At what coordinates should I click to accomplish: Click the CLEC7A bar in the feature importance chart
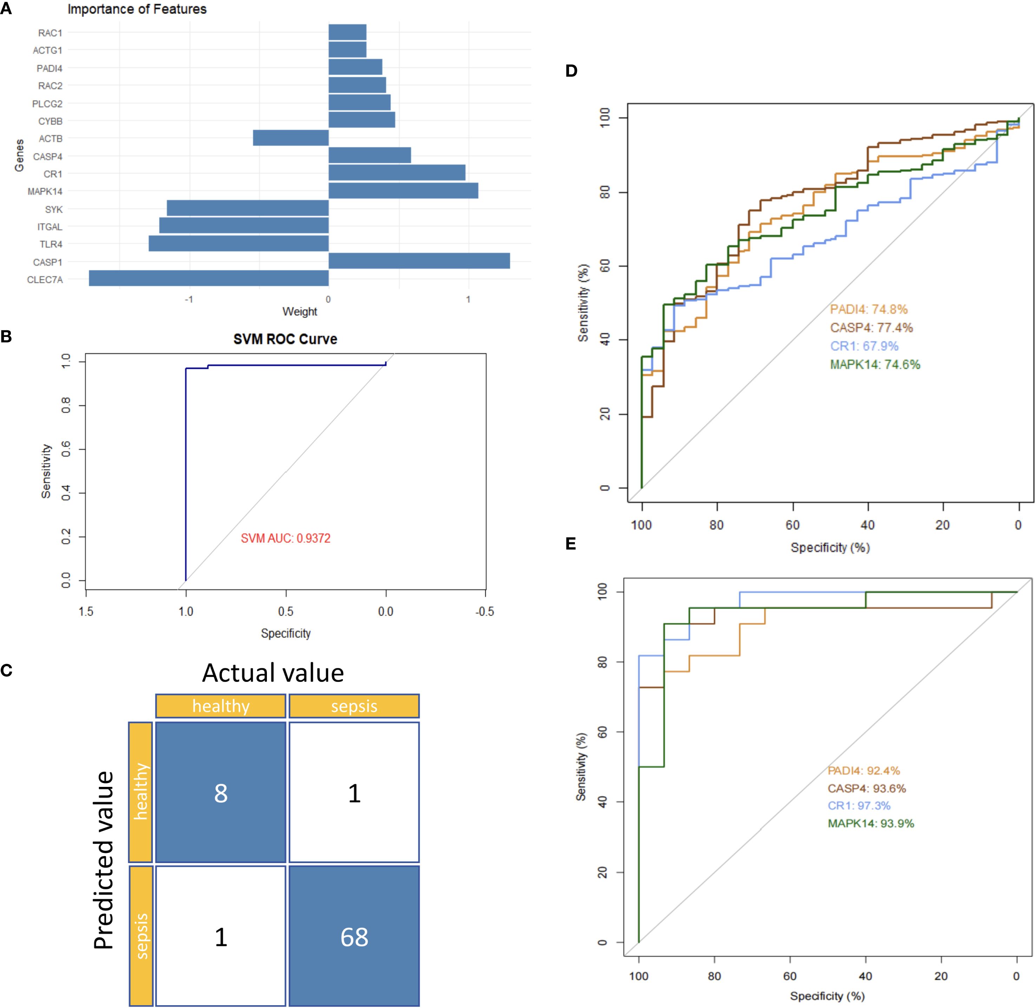coord(209,278)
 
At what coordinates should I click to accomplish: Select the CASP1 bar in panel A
coord(419,261)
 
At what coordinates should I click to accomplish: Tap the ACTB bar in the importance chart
coord(291,138)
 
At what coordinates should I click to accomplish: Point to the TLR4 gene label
coord(51,244)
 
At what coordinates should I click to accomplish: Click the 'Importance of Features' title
coord(137,9)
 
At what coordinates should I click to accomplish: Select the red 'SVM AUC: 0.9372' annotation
coord(286,538)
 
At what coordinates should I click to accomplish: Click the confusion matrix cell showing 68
coord(354,937)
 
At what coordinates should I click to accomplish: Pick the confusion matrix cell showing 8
coord(221,793)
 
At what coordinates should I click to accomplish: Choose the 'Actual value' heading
coord(273,673)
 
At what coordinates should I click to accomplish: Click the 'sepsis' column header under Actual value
coord(354,706)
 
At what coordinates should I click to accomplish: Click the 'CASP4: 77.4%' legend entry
coord(871,328)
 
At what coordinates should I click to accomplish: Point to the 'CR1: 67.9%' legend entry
coord(864,346)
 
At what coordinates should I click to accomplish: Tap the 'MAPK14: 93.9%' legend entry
coord(871,823)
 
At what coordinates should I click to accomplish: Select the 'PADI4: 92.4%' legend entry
coord(864,771)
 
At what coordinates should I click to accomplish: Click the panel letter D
coord(571,71)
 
